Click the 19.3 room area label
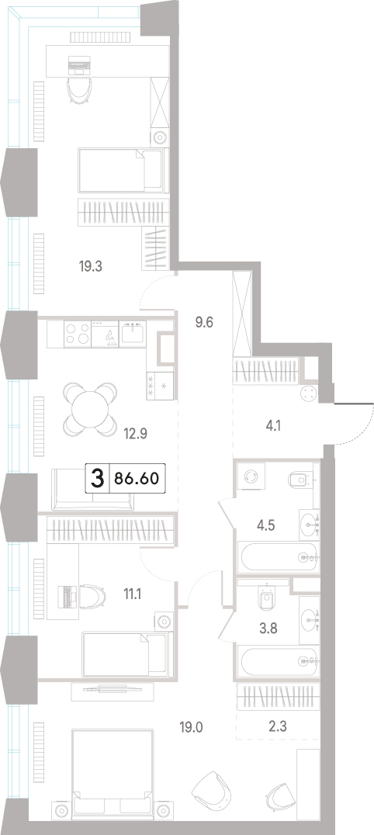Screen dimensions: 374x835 coord(91,266)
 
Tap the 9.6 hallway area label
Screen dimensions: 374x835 coord(204,323)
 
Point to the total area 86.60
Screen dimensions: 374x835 coord(136,478)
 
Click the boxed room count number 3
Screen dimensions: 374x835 coord(97,478)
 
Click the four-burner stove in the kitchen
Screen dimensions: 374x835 coord(78,334)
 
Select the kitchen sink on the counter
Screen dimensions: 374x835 coord(131,334)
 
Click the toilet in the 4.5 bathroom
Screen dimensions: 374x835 coord(300,480)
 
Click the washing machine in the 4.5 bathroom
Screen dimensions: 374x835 coord(250,476)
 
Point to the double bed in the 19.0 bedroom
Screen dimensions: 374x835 coord(113,771)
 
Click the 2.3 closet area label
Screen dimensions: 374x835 coord(278,726)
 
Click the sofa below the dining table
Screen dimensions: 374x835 coord(93,490)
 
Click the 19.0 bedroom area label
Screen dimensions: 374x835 coord(192,726)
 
